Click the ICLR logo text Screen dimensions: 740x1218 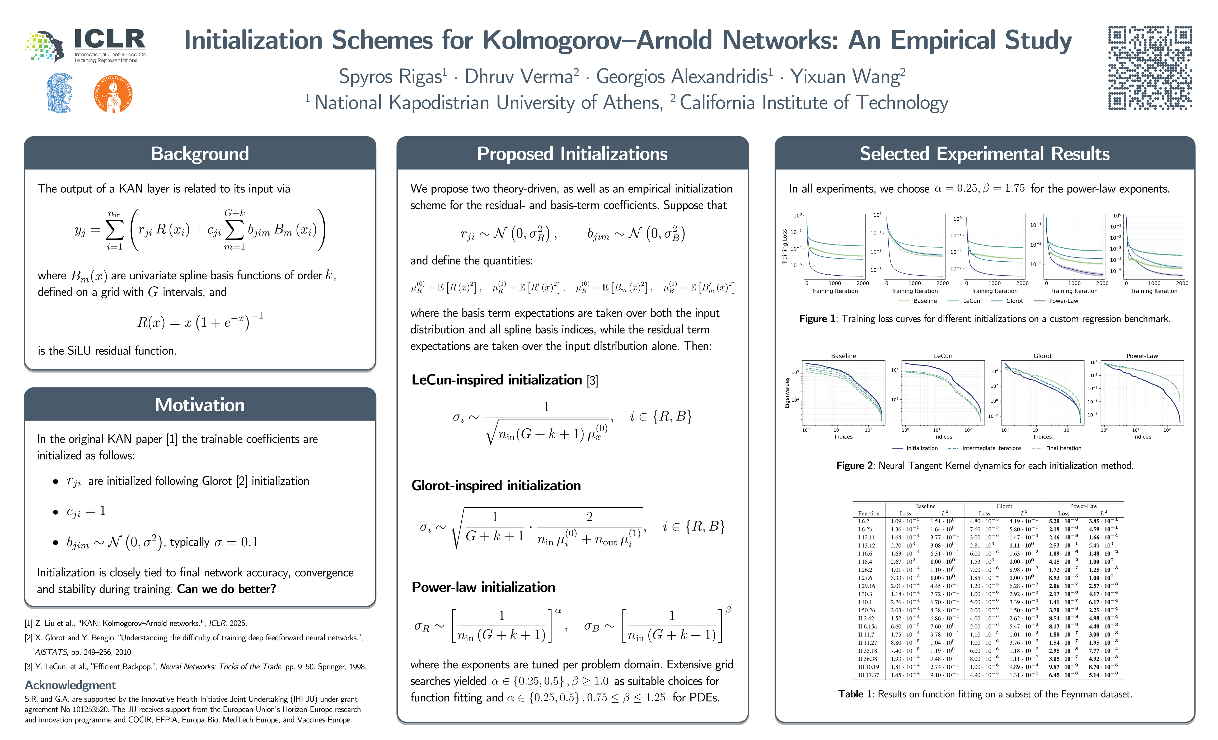[110, 40]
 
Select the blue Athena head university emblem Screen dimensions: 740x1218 [60, 93]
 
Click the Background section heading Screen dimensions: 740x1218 [200, 154]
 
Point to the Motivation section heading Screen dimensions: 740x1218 [200, 405]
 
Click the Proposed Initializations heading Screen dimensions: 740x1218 [572, 154]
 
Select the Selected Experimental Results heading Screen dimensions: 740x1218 [985, 154]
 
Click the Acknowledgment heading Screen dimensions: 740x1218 [70, 685]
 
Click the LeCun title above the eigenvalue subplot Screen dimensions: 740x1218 [943, 356]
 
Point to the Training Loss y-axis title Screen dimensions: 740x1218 [784, 246]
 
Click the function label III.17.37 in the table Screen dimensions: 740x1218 [869, 675]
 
